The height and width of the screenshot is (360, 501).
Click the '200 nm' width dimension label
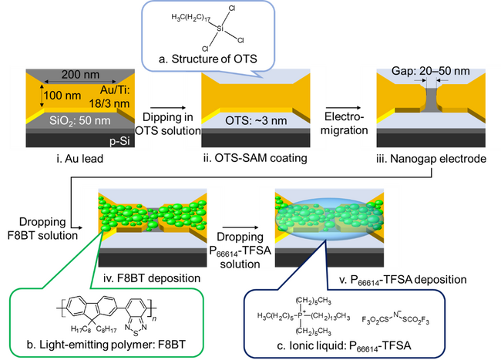pos(80,75)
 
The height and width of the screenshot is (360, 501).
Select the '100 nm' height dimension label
pos(62,95)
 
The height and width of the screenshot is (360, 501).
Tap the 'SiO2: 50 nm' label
pos(80,120)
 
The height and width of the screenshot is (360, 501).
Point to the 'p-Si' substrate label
pos(119,141)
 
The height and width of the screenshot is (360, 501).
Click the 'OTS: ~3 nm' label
pos(256,121)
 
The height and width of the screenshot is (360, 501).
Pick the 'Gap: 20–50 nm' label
pos(431,71)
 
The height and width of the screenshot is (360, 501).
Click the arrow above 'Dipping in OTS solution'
pos(168,108)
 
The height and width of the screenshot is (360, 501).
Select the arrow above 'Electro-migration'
pos(343,108)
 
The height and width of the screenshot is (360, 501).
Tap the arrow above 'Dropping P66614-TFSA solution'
pos(240,227)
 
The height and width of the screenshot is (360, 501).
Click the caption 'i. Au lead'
pos(80,159)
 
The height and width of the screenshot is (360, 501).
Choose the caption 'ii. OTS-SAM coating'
pos(255,158)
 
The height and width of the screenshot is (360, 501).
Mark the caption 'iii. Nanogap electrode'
pos(432,159)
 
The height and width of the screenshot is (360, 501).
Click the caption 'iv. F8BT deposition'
pos(152,278)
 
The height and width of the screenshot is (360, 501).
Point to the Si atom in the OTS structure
pos(220,29)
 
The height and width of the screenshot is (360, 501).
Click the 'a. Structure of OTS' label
pos(208,59)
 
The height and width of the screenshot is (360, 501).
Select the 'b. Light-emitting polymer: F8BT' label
pos(106,345)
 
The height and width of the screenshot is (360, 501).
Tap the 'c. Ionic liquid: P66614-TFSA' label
pos(344,346)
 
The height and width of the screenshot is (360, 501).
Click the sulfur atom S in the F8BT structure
pos(136,333)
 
